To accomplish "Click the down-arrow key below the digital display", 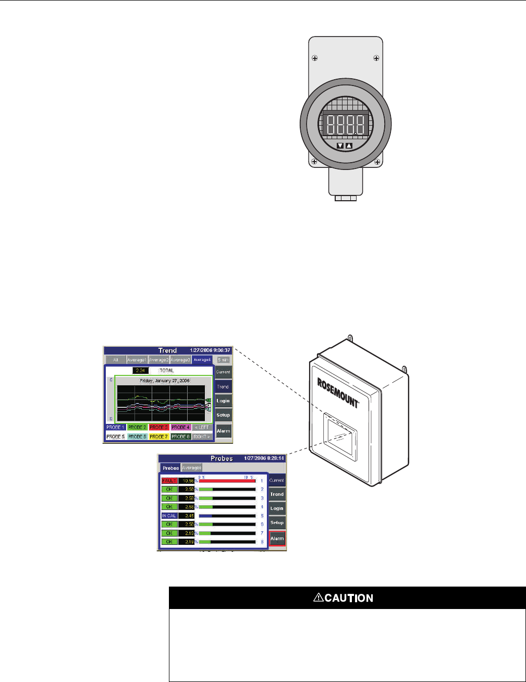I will [340, 146].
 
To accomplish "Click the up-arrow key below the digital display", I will [349, 146].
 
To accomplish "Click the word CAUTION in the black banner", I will [349, 598].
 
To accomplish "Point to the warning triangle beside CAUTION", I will [318, 598].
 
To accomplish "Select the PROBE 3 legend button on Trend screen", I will [158, 428].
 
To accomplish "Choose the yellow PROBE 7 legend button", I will [158, 436].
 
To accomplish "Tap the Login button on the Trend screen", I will [223, 401].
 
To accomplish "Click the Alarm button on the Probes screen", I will [277, 539].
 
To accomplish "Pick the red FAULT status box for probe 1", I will [169, 480].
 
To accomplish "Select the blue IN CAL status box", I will [169, 516].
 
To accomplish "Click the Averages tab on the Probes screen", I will [191, 468].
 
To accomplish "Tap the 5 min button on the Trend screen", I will [223, 360].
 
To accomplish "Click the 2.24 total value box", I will [140, 370].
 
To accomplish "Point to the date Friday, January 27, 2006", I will [165, 381].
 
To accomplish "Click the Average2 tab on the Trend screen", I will [159, 360].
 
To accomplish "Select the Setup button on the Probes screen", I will [277, 522].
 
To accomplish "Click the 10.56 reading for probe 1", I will [186, 480].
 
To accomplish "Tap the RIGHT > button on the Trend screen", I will [202, 436].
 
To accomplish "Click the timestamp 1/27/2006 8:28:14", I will [264, 458].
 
